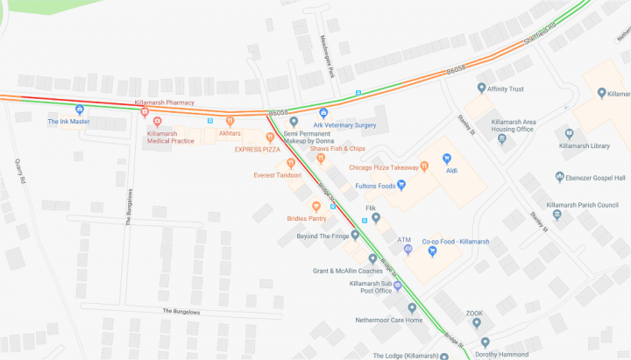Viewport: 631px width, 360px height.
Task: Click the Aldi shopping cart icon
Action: (x=446, y=159)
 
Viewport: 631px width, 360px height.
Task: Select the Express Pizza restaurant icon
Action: (x=270, y=138)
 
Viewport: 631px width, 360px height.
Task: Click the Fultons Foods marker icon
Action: (x=401, y=184)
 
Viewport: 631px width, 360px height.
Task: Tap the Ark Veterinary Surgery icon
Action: (x=323, y=113)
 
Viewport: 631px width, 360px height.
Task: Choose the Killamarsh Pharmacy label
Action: (x=164, y=102)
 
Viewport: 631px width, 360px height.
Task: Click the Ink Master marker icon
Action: (x=80, y=109)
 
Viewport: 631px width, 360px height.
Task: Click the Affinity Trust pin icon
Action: (x=481, y=88)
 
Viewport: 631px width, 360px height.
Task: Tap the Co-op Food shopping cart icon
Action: (x=432, y=251)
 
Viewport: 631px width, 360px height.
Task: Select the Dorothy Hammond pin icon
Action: (x=485, y=342)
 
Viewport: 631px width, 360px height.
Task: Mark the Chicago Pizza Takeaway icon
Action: (x=424, y=166)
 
